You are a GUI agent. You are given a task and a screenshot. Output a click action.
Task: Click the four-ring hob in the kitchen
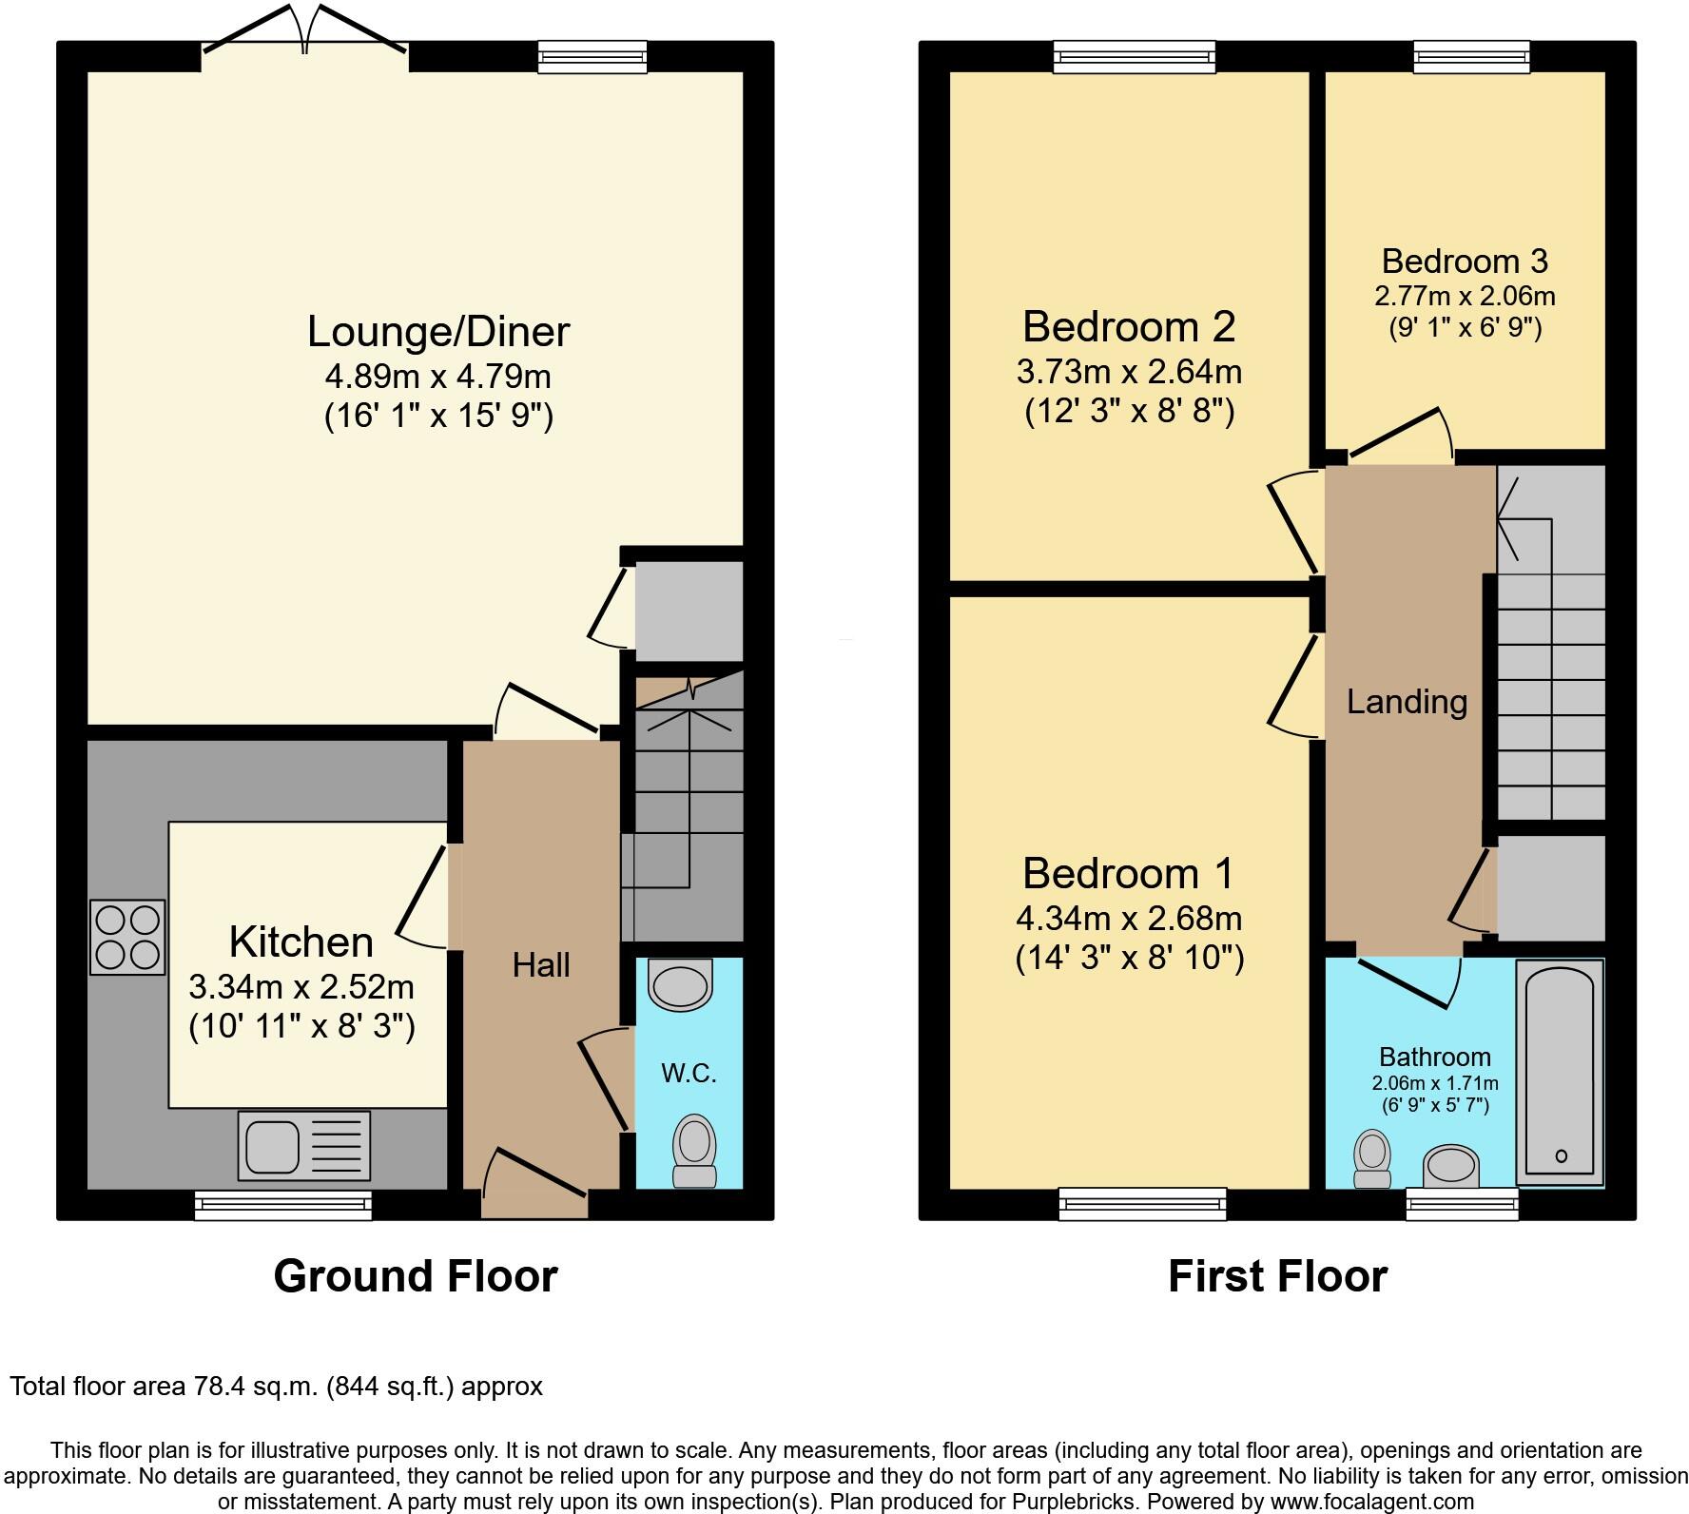click(127, 937)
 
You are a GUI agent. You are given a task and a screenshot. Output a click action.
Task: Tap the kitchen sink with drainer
click(303, 1146)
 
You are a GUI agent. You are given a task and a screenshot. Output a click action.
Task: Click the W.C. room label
click(689, 1074)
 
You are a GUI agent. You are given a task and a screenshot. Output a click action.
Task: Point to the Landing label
click(1407, 702)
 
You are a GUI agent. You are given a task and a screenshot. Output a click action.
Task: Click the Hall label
click(541, 965)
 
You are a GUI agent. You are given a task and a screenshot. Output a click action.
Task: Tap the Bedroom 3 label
click(1465, 261)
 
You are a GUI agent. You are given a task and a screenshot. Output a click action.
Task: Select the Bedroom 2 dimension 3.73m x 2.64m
click(1129, 371)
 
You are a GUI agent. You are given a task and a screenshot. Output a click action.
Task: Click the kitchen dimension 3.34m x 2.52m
click(301, 987)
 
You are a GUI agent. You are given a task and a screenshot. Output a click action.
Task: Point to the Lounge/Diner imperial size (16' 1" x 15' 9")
click(438, 416)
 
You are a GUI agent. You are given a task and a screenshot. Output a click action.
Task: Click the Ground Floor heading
click(416, 1276)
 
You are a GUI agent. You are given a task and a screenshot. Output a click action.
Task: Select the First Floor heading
click(1277, 1276)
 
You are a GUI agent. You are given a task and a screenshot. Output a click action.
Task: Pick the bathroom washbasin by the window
click(1451, 1166)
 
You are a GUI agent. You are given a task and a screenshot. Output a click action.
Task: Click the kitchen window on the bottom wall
click(282, 1206)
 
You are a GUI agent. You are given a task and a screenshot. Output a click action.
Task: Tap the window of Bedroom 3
click(1471, 57)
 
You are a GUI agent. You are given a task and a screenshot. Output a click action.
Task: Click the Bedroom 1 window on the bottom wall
click(1142, 1205)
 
